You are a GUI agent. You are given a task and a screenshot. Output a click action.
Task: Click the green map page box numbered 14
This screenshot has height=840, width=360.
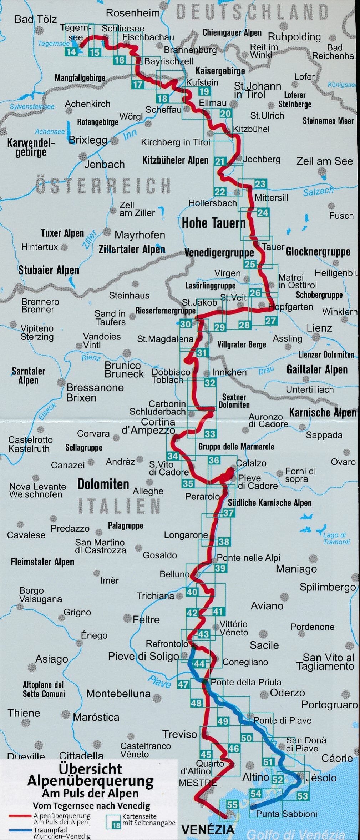71,52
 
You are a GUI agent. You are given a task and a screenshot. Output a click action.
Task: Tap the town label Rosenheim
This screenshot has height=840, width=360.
133,13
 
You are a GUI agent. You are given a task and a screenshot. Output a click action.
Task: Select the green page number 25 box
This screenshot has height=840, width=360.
250,264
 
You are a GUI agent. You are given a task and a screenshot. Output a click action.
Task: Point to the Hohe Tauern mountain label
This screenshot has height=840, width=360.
214,223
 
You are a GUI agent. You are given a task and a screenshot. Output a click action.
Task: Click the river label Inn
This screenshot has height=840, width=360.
130,135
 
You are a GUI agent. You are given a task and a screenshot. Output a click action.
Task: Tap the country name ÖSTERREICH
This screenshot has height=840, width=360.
103,186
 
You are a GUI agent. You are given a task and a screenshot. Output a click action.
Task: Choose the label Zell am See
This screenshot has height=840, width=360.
324,161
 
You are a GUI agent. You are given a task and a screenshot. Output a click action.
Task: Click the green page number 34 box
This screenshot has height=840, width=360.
172,456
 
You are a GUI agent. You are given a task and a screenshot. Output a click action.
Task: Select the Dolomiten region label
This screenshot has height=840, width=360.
103,484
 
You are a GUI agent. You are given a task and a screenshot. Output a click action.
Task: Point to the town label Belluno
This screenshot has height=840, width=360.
174,574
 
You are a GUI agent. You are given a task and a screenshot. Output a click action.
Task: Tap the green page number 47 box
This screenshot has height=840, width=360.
183,684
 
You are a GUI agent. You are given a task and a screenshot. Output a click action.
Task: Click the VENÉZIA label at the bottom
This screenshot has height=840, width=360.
208,830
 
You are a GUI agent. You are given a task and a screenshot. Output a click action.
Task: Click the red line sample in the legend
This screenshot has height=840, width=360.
20,815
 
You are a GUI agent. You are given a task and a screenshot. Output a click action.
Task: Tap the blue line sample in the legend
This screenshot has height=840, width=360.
20,830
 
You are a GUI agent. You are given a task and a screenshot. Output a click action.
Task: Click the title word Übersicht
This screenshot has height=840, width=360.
90,769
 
